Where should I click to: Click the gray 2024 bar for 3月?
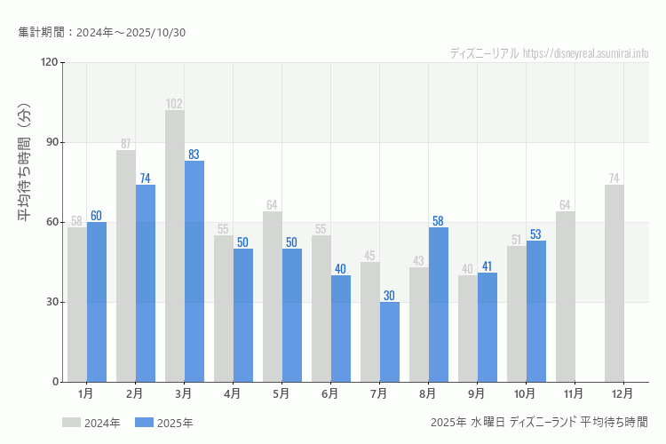tap(175, 246)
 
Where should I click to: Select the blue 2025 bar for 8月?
tap(439, 305)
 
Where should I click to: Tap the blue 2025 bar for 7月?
tap(390, 342)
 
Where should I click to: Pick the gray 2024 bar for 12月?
tap(614, 283)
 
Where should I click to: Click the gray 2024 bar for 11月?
tap(566, 297)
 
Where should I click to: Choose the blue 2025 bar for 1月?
tap(97, 302)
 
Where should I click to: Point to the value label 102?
tap(175, 104)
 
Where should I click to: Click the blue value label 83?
tap(194, 155)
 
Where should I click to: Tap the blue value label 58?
tap(438, 221)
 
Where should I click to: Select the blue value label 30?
tap(389, 296)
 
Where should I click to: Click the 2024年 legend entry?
tap(91, 423)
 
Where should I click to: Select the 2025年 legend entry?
tap(164, 423)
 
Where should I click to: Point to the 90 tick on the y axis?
tap(50, 142)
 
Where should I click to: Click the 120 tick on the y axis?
tap(48, 62)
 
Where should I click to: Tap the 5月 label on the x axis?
tap(281, 393)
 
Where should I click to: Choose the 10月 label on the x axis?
tap(525, 393)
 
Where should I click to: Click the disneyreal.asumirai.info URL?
tap(585, 53)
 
